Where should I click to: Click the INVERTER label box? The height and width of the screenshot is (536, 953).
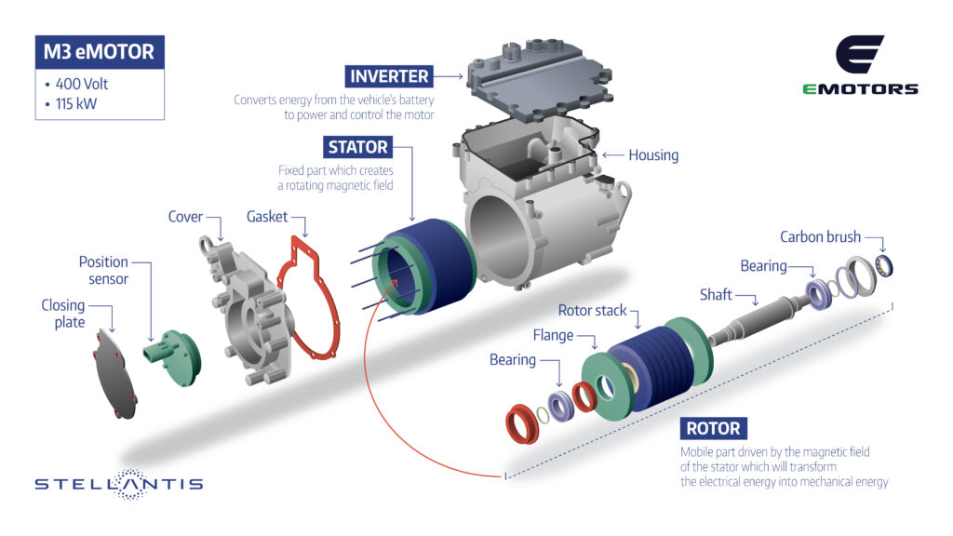point(389,76)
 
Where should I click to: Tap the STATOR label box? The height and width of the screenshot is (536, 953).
point(358,147)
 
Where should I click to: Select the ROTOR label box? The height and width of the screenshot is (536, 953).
point(714,428)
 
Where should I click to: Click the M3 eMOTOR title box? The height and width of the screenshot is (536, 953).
point(100,52)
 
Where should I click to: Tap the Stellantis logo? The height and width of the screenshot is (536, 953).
point(119,484)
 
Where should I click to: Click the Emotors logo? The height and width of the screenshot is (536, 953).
point(860,65)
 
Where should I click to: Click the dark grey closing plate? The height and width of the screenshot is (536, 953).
point(115,375)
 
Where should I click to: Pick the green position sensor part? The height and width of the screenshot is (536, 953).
point(173,357)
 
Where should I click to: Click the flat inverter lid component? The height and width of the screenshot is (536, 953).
point(539,79)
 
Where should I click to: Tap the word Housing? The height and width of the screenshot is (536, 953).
point(653,155)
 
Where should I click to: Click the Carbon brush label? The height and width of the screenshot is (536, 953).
point(821,237)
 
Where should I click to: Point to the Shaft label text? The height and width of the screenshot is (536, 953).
point(716,295)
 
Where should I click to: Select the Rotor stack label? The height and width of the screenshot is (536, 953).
point(592,311)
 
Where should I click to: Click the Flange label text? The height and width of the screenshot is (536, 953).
point(553,335)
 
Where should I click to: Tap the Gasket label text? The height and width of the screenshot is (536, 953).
point(267,217)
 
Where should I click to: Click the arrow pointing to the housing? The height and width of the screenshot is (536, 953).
point(613,155)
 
